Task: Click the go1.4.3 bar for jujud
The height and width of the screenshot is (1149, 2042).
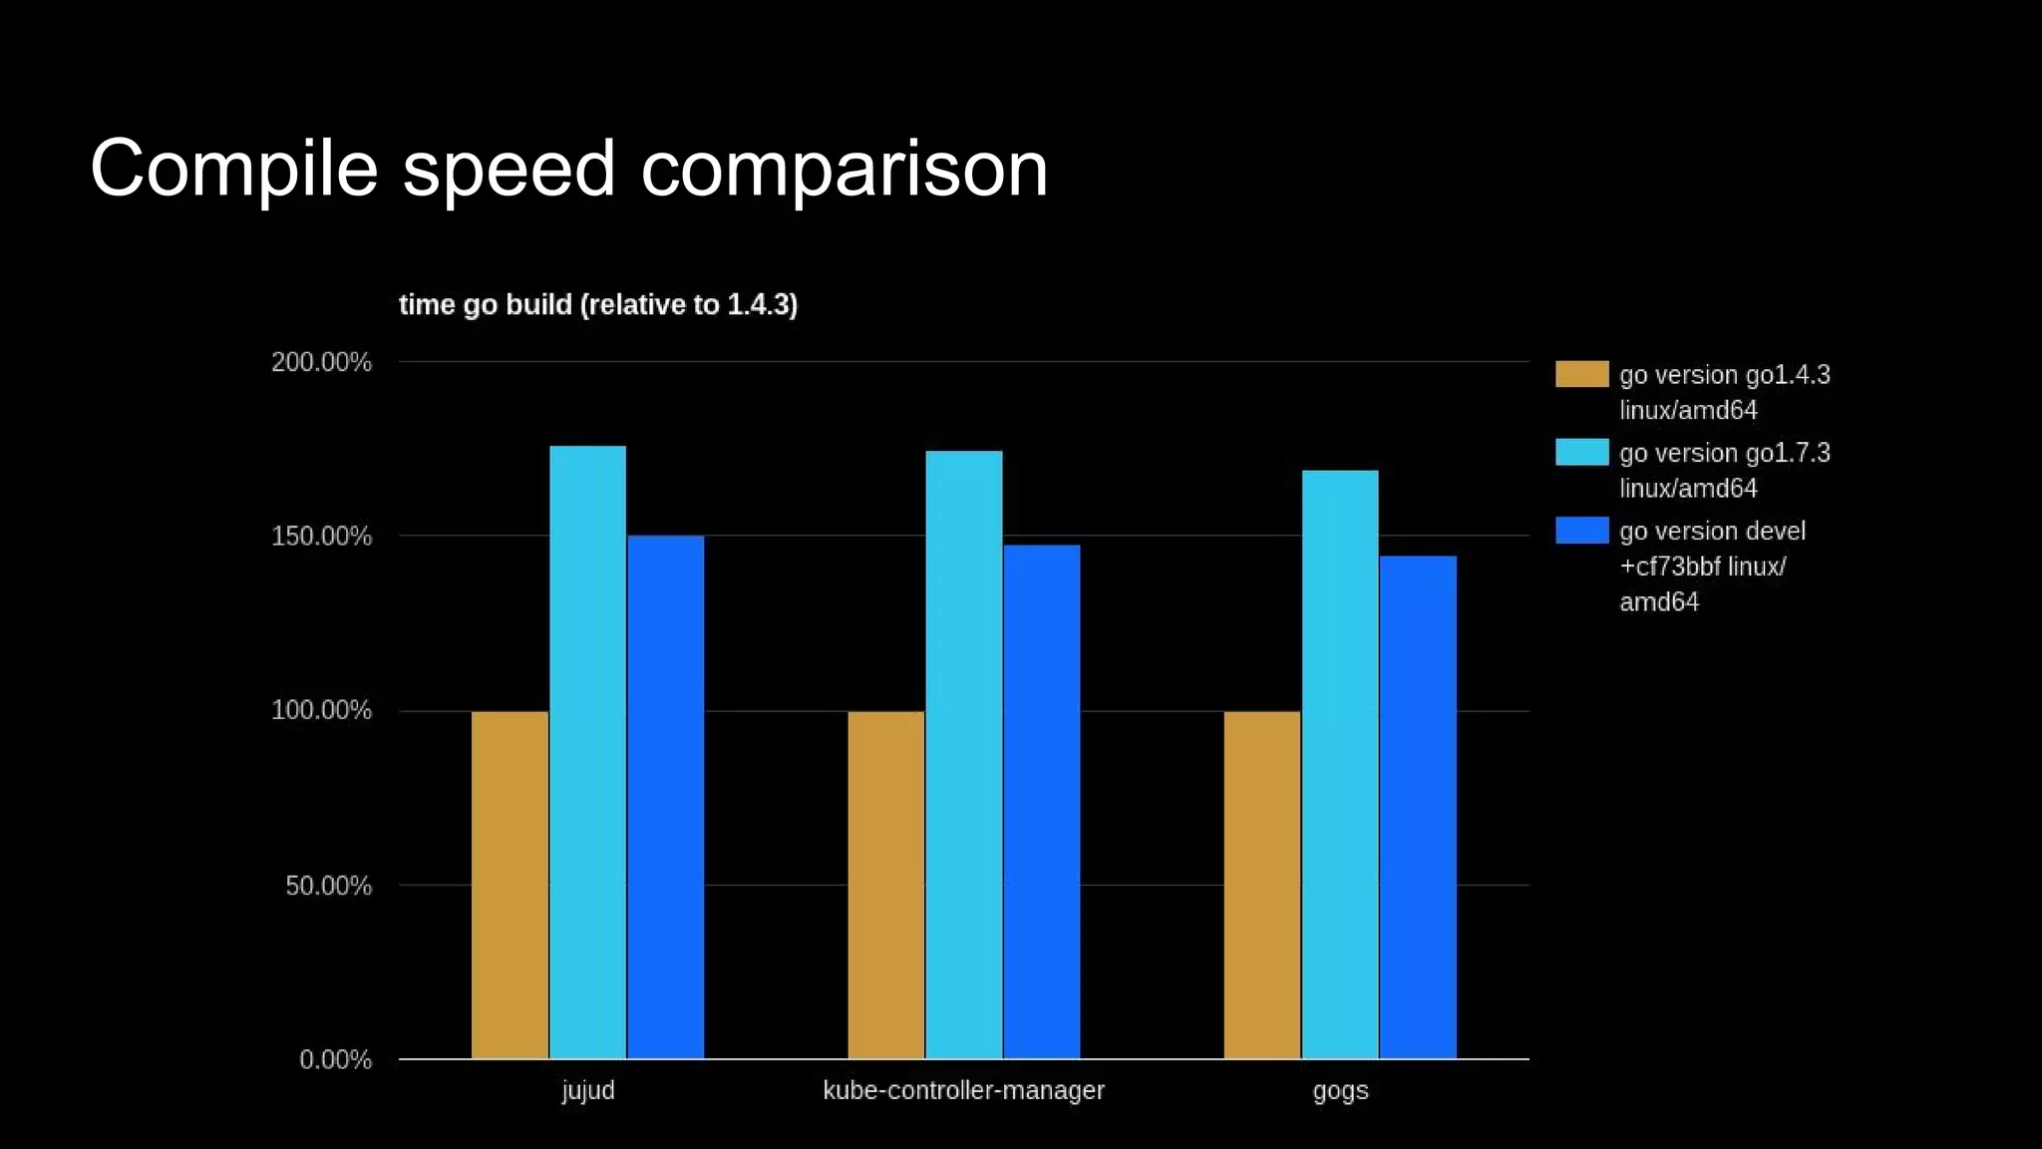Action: coord(510,885)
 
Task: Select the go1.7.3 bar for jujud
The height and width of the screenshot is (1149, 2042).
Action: coord(587,752)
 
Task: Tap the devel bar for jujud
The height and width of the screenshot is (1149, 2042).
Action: coord(665,797)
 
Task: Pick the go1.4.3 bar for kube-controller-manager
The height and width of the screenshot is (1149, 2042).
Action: coord(885,885)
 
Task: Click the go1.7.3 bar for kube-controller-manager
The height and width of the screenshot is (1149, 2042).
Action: coord(963,754)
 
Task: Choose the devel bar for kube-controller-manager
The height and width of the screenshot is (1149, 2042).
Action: coord(1041,801)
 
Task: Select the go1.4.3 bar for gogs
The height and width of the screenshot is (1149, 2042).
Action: coord(1261,885)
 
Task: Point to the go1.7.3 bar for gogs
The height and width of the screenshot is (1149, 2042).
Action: coord(1339,764)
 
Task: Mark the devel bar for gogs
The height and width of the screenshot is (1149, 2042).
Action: coord(1417,807)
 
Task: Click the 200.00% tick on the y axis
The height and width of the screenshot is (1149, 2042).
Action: coord(321,362)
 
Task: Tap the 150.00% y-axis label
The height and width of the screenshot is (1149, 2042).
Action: coord(321,537)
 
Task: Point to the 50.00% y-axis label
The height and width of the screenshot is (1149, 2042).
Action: coord(328,886)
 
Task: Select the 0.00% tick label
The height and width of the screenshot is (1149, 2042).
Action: coord(335,1059)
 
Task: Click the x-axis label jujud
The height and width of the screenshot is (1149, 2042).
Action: coord(587,1090)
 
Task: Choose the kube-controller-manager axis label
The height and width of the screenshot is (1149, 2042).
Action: coord(963,1090)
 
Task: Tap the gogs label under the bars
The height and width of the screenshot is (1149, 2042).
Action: coord(1339,1090)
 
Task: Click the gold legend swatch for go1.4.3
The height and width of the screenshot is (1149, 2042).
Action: coord(1581,374)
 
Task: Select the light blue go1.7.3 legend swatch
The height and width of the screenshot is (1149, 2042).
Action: coord(1581,452)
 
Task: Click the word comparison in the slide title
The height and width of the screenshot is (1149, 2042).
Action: coord(844,170)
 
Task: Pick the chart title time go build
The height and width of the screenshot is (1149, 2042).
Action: coord(597,304)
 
